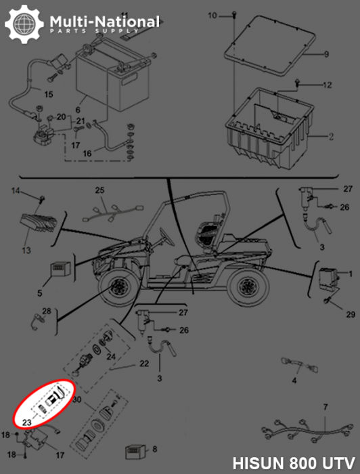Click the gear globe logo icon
pos(24,24)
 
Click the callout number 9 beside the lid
pos(326,54)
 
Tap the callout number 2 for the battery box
pos(331,136)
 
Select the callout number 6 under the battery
pos(78,110)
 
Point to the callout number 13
pos(26,250)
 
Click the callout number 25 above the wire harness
pos(99,190)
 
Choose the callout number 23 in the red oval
pos(27,422)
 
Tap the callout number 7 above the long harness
pos(325,407)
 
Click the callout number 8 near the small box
pos(155,449)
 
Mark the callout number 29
pos(351,315)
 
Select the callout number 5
pos(39,293)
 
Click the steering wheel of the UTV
pos(166,237)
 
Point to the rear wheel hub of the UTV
pos(248,285)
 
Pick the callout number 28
pos(46,311)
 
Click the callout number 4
pos(294,381)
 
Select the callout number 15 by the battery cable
pos(49,94)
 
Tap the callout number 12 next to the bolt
pos(327,85)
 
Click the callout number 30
pos(76,400)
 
